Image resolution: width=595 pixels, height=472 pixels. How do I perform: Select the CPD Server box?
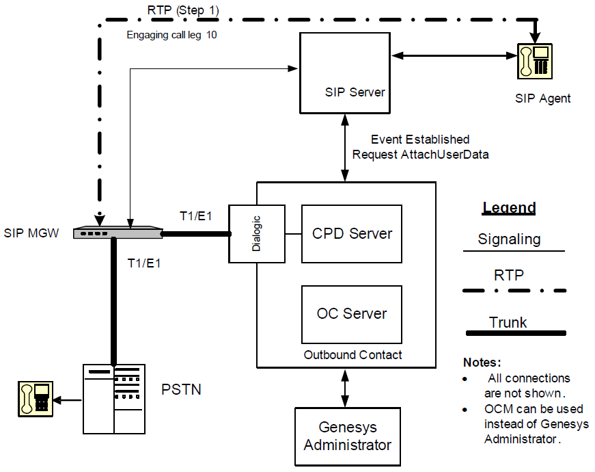click(352, 234)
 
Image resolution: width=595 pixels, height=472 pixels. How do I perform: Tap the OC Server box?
click(352, 314)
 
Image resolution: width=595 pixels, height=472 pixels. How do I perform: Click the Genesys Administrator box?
click(347, 436)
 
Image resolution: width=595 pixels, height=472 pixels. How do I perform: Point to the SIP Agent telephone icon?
click(534, 60)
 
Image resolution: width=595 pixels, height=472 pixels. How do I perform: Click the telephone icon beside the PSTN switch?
click(35, 399)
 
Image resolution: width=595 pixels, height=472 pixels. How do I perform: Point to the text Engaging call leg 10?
click(172, 34)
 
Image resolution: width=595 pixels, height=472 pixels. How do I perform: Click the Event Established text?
click(420, 140)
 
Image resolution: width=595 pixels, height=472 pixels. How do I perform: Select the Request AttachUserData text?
click(420, 155)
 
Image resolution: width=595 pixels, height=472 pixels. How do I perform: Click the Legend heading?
click(509, 208)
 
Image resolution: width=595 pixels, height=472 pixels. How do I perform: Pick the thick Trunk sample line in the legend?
click(515, 333)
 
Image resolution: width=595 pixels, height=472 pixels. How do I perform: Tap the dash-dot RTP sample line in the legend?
click(515, 291)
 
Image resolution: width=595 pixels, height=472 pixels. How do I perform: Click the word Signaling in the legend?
click(509, 239)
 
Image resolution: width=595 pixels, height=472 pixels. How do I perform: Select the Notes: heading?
click(482, 362)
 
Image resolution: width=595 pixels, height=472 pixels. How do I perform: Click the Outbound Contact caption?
click(352, 355)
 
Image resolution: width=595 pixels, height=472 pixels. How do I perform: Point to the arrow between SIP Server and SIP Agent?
click(451, 55)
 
